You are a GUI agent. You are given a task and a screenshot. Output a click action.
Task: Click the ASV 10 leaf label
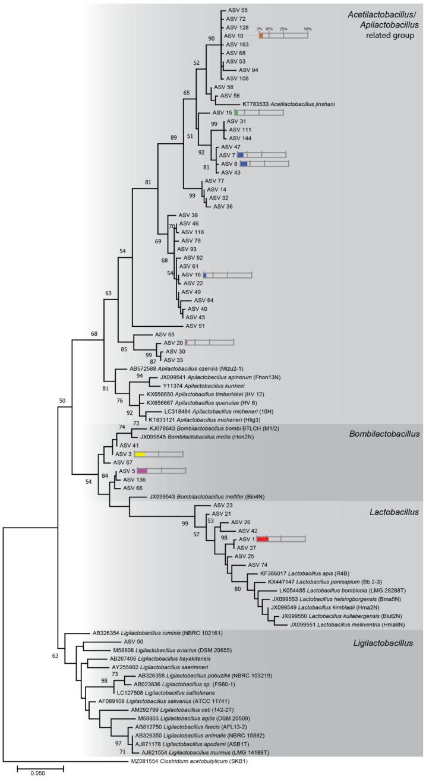[x=234, y=36]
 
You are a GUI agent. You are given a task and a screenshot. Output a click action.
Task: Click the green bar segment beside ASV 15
[x=236, y=112]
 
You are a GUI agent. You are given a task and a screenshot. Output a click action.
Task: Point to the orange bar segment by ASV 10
[x=261, y=36]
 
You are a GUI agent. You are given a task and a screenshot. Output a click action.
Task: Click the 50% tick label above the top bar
[x=307, y=29]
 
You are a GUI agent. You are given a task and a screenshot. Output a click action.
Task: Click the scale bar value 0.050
[x=40, y=771]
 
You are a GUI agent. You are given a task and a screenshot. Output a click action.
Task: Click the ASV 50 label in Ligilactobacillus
[x=134, y=642]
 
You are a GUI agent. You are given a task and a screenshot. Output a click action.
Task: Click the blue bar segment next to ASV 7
[x=241, y=154]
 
